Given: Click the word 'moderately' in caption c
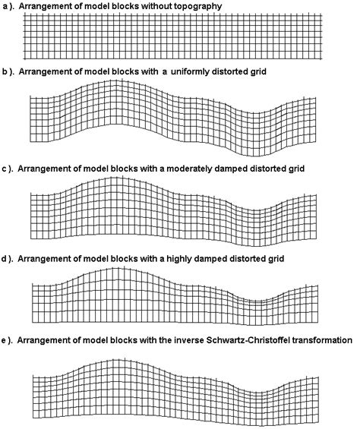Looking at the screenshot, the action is [197, 166].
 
